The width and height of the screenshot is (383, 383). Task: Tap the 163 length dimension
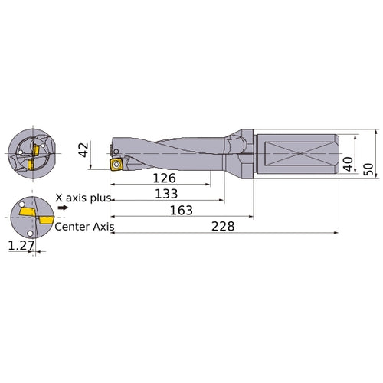click(x=181, y=210)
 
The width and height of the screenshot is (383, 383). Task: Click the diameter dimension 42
click(x=85, y=147)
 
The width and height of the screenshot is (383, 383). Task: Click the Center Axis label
click(x=83, y=227)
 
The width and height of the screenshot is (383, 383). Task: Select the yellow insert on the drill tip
click(x=117, y=163)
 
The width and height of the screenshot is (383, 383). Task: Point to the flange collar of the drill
click(x=241, y=154)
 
